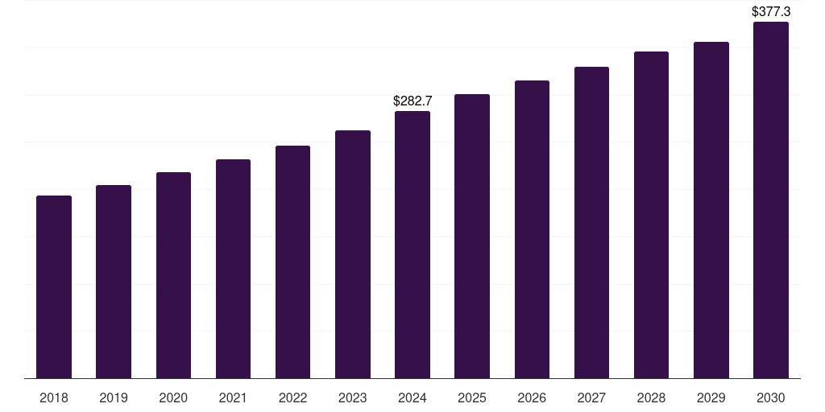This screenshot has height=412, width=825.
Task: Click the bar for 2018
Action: click(54, 286)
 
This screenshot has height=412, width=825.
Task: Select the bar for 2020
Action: click(173, 275)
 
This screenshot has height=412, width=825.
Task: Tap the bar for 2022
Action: click(292, 262)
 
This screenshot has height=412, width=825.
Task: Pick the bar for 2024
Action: click(412, 245)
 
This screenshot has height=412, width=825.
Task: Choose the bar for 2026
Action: click(532, 229)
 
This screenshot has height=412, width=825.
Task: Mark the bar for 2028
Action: click(651, 215)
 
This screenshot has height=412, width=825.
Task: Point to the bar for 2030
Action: click(771, 200)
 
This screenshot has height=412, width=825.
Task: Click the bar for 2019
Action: click(114, 282)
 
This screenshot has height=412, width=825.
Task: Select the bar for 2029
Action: click(711, 210)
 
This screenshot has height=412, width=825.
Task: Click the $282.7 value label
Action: click(412, 101)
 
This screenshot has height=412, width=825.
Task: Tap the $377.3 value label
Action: click(771, 11)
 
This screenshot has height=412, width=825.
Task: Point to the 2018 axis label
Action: click(54, 398)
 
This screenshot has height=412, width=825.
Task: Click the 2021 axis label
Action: click(233, 398)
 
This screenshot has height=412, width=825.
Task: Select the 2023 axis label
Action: click(353, 398)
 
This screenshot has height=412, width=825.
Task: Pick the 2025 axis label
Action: click(472, 398)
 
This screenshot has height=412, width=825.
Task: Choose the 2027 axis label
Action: click(591, 398)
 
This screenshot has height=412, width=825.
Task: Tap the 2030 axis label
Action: click(771, 398)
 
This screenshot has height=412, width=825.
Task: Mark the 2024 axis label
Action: click(412, 398)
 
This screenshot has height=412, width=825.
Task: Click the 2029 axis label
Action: click(711, 398)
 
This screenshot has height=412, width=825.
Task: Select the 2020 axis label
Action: click(173, 398)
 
